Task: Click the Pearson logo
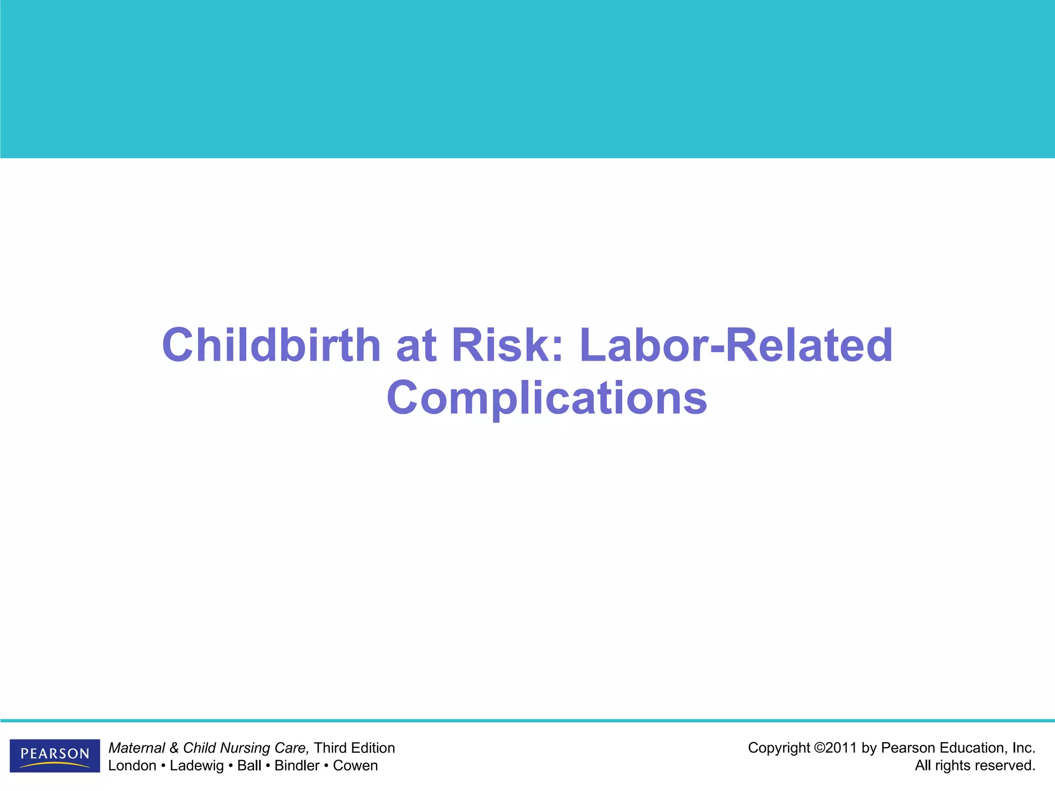tap(55, 755)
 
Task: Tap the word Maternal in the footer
tap(137, 748)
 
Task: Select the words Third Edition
tap(354, 748)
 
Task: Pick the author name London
tap(132, 766)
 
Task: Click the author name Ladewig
tap(197, 766)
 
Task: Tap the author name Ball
tap(249, 766)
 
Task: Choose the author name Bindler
tap(297, 766)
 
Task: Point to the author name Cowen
tap(355, 766)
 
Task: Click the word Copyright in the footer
tap(779, 748)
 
